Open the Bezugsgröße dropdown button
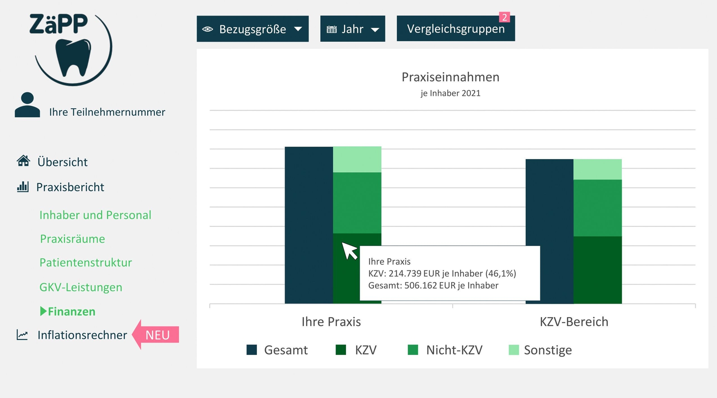(252, 29)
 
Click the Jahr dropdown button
(352, 29)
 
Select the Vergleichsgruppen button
(455, 29)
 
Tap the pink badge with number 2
(504, 17)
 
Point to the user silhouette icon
(27, 105)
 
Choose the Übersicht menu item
(62, 162)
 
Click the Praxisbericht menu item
(70, 187)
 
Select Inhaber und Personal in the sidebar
(95, 215)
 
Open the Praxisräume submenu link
(72, 239)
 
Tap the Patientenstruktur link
(86, 263)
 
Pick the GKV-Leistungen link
(81, 287)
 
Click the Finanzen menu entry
(71, 312)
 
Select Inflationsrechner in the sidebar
(82, 335)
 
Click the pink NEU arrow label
(157, 335)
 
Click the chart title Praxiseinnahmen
(450, 77)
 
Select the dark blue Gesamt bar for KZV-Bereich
(549, 231)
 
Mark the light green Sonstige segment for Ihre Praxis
(357, 159)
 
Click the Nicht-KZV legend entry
(445, 350)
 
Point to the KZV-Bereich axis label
(574, 322)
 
